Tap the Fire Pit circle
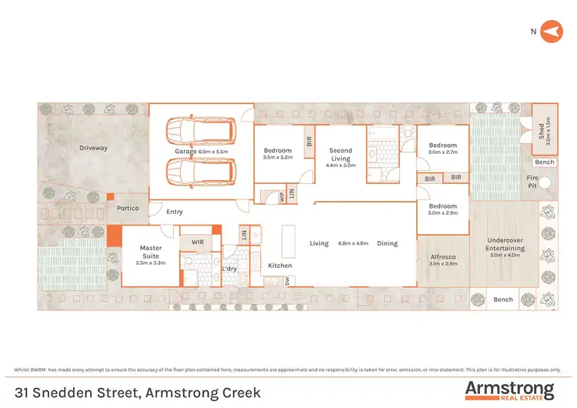545,183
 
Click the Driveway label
93,148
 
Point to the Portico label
128,209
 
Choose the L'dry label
229,269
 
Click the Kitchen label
280,266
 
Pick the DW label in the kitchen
287,282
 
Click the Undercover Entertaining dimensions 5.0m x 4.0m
505,256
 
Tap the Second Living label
340,155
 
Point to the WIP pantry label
282,196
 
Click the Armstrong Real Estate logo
509,389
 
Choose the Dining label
388,243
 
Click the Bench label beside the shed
545,162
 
